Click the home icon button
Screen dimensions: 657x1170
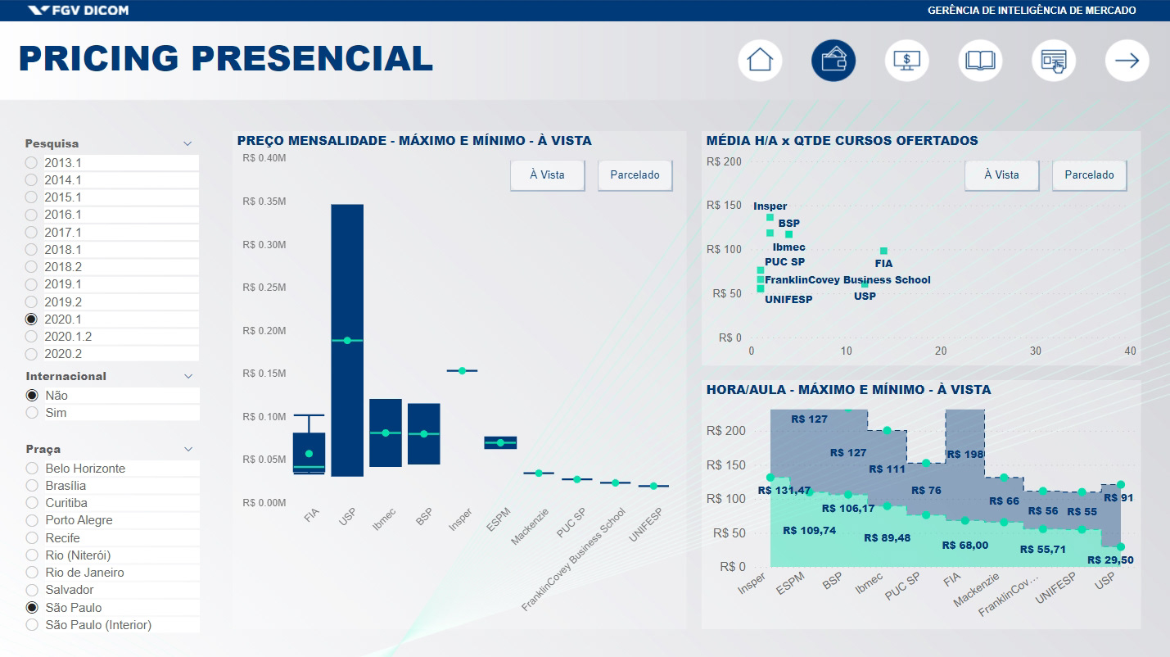click(760, 61)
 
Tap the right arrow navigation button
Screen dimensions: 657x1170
click(1127, 61)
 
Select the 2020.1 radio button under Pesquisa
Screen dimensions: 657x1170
click(32, 319)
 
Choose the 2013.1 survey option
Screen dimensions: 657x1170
click(32, 162)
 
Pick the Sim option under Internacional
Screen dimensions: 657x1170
click(32, 413)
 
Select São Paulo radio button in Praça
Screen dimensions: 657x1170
click(32, 608)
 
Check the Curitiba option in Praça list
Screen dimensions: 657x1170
click(32, 503)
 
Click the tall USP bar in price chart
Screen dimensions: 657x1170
click(347, 340)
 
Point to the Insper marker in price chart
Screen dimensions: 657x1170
click(462, 371)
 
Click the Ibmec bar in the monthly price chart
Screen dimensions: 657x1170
click(386, 433)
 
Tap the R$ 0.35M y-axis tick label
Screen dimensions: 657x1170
click(264, 202)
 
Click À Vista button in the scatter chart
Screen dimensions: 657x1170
click(1001, 174)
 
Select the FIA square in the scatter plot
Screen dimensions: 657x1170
click(883, 251)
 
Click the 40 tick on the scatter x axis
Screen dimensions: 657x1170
click(1131, 351)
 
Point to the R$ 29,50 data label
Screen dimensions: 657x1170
click(1109, 560)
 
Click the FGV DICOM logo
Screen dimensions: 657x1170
click(79, 11)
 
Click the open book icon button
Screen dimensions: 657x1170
click(980, 61)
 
